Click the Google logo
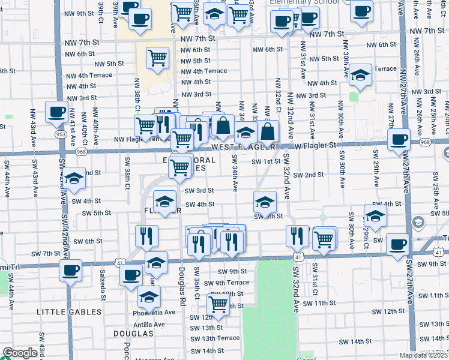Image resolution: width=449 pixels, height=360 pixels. click(x=19, y=353)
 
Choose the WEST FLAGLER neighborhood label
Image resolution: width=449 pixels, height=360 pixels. click(x=243, y=147)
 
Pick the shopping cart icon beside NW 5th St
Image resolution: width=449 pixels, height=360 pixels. click(x=157, y=58)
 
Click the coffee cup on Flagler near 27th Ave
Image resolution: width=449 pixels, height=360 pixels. click(x=399, y=139)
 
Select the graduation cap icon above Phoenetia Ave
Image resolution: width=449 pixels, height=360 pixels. click(x=149, y=296)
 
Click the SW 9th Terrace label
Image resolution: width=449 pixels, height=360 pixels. click(x=226, y=283)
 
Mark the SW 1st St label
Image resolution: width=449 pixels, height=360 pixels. click(x=266, y=161)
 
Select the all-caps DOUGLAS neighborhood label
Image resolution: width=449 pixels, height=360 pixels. click(x=134, y=332)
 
